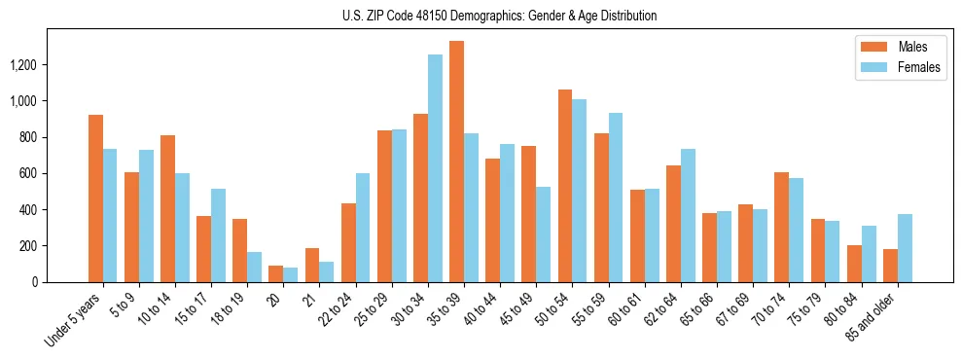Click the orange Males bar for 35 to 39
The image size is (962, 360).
[x=456, y=162]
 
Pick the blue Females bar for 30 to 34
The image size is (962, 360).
[x=435, y=168]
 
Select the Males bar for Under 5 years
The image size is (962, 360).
[x=95, y=198]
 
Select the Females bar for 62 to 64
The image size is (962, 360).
[x=688, y=215]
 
